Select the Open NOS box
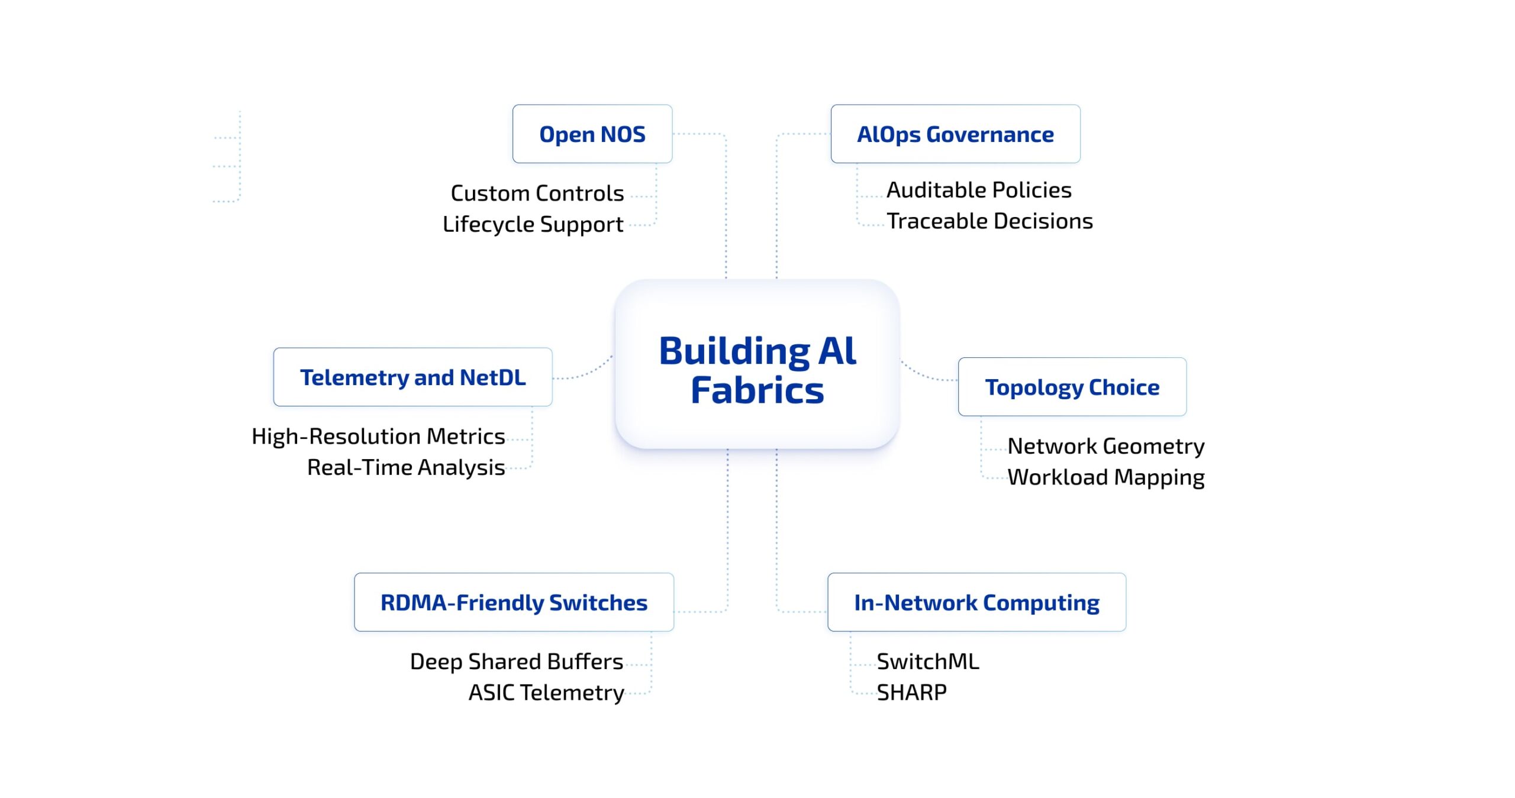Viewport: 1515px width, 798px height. pyautogui.click(x=592, y=134)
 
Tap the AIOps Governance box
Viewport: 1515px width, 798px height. pyautogui.click(x=955, y=134)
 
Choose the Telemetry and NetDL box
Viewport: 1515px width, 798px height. pyautogui.click(x=412, y=377)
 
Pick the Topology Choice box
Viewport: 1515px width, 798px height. pyautogui.click(x=1072, y=387)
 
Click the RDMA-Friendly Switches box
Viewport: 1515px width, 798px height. pyautogui.click(x=514, y=602)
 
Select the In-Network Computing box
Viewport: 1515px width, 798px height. pyautogui.click(x=976, y=602)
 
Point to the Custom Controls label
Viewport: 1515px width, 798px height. pyautogui.click(x=537, y=193)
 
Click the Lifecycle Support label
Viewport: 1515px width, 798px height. pyautogui.click(x=533, y=224)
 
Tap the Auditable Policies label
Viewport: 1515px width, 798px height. pyautogui.click(x=979, y=190)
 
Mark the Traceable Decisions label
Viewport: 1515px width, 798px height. pyautogui.click(x=989, y=221)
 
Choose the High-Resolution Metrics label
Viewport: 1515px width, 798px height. pyautogui.click(x=378, y=437)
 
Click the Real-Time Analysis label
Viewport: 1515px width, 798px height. pyautogui.click(x=406, y=467)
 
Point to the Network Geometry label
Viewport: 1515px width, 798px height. pyautogui.click(x=1105, y=446)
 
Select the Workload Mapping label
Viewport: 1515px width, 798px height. pyautogui.click(x=1105, y=477)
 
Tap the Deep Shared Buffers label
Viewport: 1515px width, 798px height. pyautogui.click(x=516, y=661)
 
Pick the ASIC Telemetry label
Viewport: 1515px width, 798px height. pyautogui.click(x=546, y=693)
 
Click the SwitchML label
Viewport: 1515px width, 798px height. pyautogui.click(x=927, y=661)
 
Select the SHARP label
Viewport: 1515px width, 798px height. pyautogui.click(x=911, y=692)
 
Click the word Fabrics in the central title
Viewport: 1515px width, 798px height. pyautogui.click(x=757, y=391)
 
